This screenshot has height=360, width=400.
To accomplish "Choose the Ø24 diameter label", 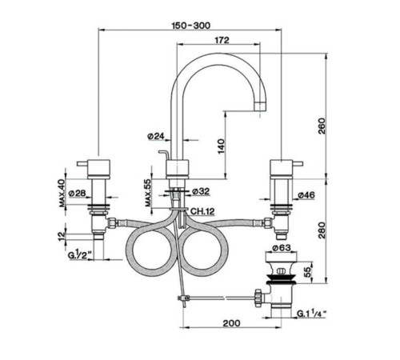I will click(x=157, y=136).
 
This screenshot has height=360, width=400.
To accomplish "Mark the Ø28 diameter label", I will click(x=77, y=194).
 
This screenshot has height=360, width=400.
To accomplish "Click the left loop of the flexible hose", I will click(x=146, y=250).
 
